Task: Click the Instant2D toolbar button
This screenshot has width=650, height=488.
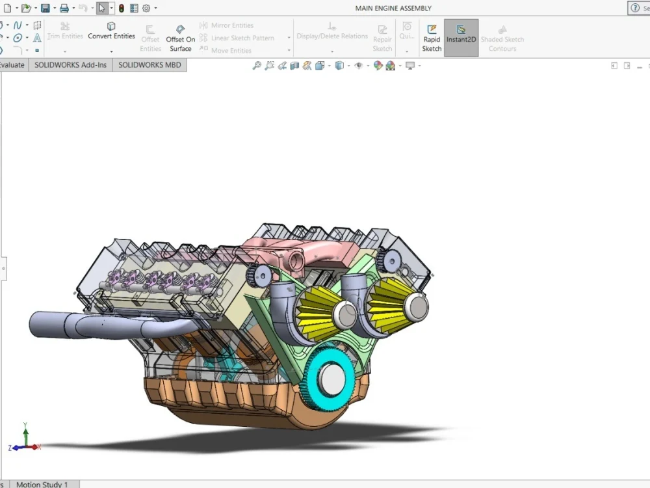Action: coord(461,37)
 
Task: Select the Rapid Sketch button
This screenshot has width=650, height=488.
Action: coord(432,37)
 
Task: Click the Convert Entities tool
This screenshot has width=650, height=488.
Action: coord(111,32)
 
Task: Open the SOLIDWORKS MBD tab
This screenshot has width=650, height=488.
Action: coord(149,65)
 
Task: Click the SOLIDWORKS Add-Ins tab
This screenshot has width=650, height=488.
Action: coord(70,65)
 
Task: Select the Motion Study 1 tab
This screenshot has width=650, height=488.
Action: coord(42,484)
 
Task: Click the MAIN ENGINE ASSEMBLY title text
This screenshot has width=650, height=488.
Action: coord(393,8)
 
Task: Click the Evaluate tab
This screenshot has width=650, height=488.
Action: coord(12,65)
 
